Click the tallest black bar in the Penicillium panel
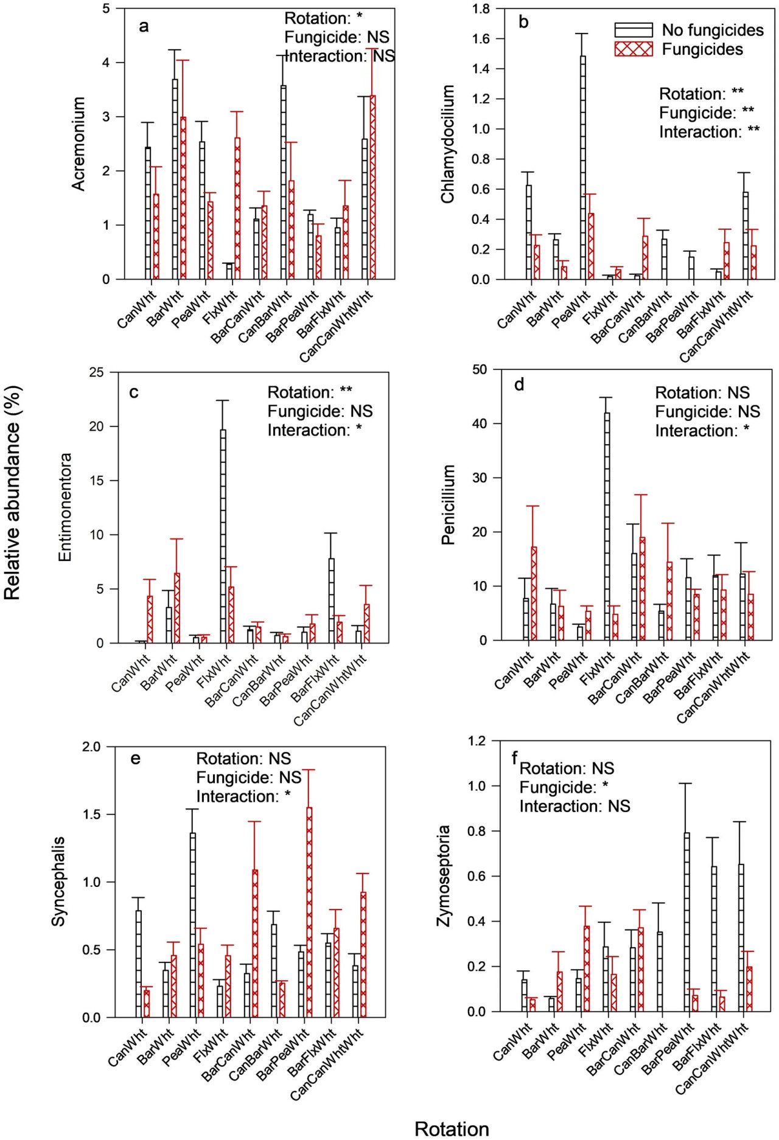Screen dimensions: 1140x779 (607, 526)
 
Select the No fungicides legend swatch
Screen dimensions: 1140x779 (633, 30)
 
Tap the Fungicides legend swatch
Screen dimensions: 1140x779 (633, 49)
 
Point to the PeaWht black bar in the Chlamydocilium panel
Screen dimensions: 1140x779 (583, 167)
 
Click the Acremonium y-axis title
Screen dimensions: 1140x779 (79, 144)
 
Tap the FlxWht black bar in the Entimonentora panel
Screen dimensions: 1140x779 (223, 536)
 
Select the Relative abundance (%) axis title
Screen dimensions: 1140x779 (13, 493)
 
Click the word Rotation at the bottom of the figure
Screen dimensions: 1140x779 (452, 1129)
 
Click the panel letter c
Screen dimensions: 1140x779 (134, 392)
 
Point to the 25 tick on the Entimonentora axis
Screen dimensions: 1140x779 (96, 372)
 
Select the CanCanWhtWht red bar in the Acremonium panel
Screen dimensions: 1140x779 (372, 187)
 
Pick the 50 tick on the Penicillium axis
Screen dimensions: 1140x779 (480, 369)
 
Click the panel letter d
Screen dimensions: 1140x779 (519, 384)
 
